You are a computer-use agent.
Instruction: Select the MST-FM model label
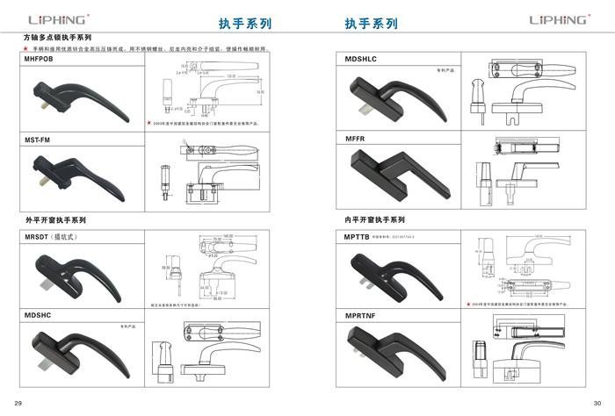(x=38, y=140)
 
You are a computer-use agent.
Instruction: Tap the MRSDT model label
(x=38, y=236)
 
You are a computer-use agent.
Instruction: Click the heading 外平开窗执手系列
(x=54, y=219)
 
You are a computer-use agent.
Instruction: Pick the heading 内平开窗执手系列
(x=374, y=219)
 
